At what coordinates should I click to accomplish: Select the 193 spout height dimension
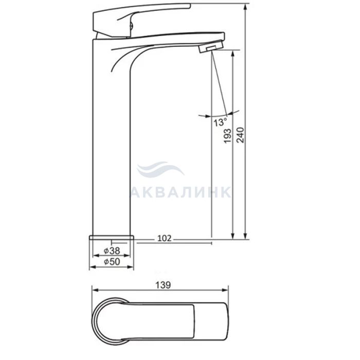227,136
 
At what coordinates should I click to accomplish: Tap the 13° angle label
221,122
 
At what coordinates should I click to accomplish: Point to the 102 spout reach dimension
165,238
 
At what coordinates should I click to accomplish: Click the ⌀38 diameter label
112,250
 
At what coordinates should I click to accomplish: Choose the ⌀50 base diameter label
112,261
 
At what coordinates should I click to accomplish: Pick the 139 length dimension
163,285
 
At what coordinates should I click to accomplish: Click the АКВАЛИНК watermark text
180,192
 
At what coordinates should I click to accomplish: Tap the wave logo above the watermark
160,169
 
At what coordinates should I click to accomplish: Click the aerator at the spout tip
211,47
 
